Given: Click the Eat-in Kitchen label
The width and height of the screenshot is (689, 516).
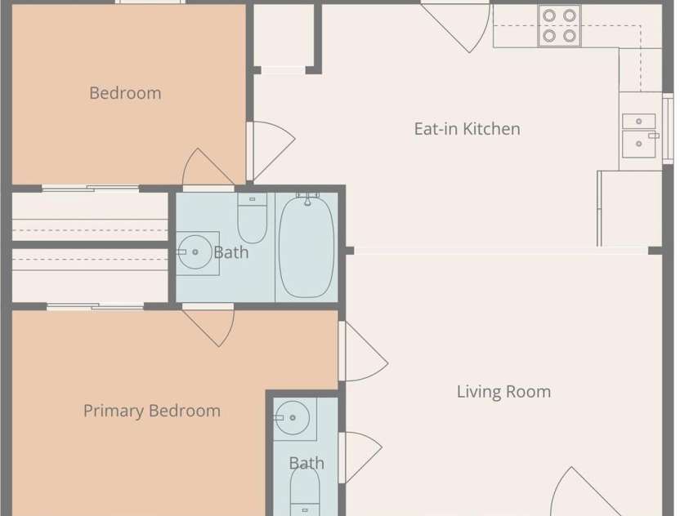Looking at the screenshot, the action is point(467,129).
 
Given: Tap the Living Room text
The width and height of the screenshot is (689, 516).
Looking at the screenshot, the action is point(503,392).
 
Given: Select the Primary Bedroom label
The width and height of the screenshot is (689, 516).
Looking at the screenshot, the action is point(152,411).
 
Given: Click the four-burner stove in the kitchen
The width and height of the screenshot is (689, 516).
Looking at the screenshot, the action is point(559,25).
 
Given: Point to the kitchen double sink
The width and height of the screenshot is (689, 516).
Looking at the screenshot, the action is point(639,136).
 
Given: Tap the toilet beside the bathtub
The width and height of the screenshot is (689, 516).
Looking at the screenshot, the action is point(253,218).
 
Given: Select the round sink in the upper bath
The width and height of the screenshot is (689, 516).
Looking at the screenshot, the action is point(195,251).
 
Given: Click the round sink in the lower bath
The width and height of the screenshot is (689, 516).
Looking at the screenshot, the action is point(293,418).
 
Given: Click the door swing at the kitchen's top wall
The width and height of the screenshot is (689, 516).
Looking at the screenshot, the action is point(457,26).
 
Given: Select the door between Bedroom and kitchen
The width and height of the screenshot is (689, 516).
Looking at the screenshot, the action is point(271,151).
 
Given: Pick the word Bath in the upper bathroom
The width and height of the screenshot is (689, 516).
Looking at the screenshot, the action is point(231,253).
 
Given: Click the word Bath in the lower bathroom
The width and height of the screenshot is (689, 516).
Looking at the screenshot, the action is point(306,464).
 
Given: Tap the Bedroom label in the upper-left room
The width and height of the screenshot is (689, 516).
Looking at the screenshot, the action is point(125,93).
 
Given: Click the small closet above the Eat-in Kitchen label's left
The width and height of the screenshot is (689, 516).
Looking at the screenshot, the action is point(284,36).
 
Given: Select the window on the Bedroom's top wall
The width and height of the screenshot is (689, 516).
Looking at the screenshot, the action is point(150,2).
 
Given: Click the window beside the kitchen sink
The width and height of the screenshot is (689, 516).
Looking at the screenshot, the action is point(668,128).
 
